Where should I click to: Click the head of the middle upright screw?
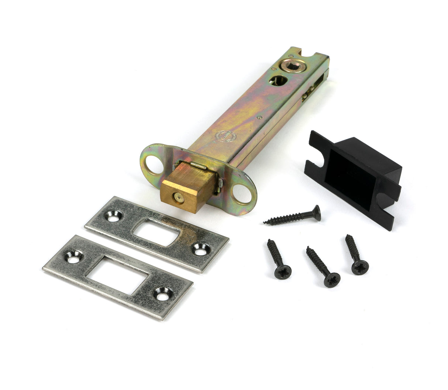coord(332,279)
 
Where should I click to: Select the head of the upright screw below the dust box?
coord(360,266)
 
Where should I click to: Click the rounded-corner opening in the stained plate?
coord(157,232)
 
